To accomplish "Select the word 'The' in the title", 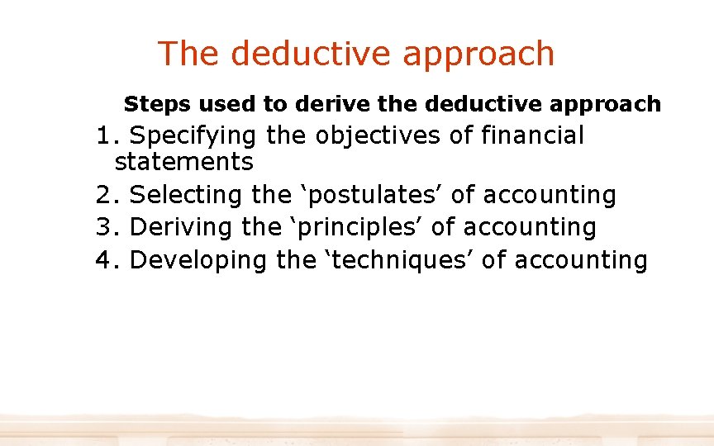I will (x=189, y=54).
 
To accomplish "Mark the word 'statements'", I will (x=183, y=161).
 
